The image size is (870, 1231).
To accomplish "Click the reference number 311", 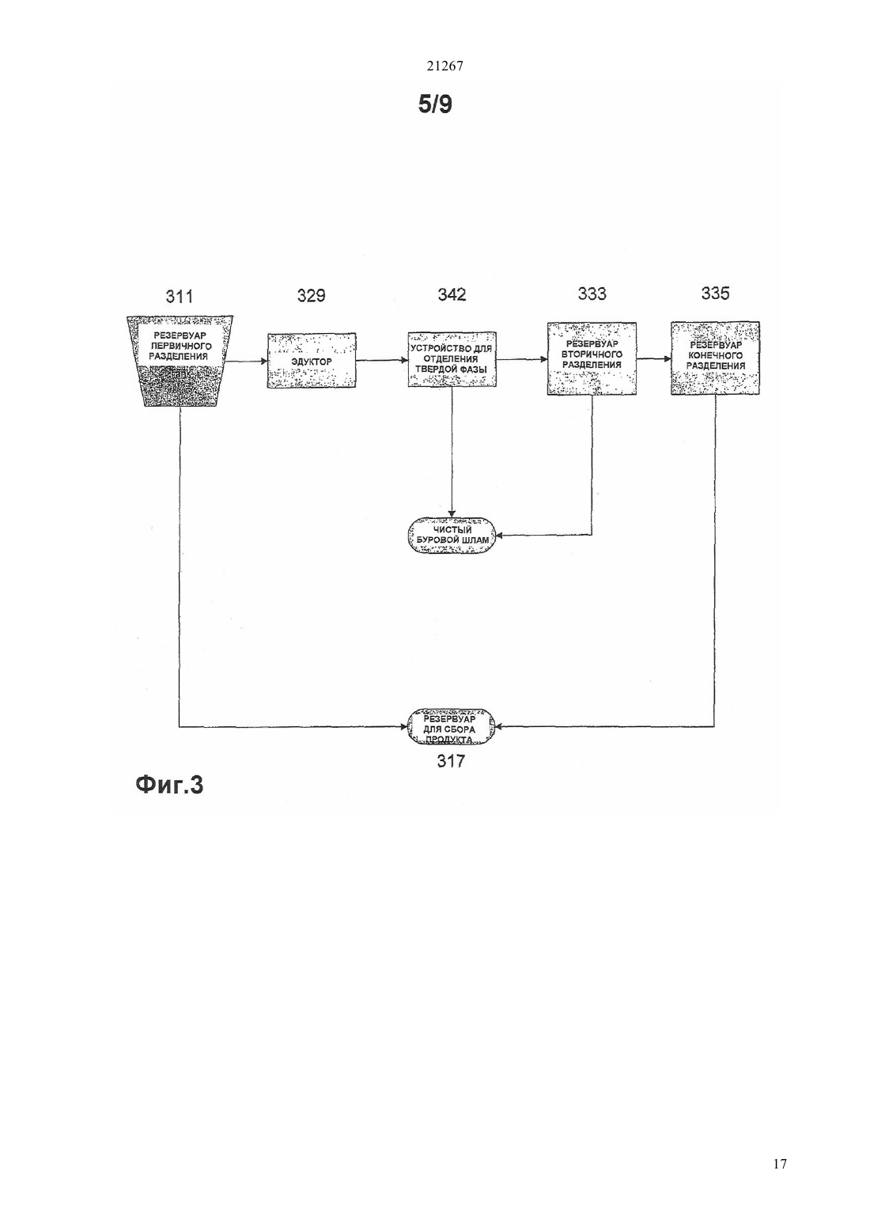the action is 179,297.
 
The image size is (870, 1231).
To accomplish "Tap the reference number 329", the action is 311,296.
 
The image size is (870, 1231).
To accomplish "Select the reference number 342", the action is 452,294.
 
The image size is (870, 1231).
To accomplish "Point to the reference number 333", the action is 592,294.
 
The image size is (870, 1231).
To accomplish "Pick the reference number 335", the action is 715,294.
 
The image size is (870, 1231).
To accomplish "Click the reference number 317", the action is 451,761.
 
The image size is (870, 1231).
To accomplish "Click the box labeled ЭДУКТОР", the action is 312,361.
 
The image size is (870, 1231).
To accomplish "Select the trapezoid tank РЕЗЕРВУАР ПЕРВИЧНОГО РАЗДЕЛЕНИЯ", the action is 180,361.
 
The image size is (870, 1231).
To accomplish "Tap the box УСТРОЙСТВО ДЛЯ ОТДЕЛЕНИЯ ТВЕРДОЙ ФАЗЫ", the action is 452,359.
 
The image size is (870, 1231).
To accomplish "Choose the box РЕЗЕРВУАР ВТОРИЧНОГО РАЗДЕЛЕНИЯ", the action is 592,358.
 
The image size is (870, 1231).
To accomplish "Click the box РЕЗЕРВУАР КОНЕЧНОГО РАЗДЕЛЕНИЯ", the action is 715,358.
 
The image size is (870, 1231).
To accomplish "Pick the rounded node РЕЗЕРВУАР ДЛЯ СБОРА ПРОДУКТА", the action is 451,727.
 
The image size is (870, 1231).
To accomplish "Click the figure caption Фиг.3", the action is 169,786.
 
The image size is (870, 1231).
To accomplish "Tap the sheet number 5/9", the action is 435,104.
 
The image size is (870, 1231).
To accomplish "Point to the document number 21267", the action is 444,66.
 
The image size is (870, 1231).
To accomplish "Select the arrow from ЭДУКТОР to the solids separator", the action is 382,361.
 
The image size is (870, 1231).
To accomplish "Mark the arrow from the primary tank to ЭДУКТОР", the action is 247,361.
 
